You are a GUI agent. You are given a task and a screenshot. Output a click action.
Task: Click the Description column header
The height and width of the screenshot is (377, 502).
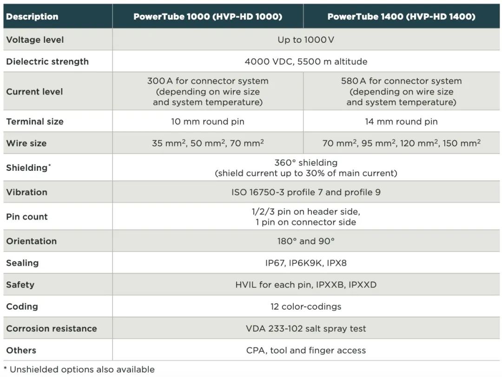pyautogui.click(x=32, y=17)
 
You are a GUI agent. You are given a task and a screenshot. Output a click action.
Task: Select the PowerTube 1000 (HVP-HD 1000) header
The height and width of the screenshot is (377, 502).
pyautogui.click(x=208, y=17)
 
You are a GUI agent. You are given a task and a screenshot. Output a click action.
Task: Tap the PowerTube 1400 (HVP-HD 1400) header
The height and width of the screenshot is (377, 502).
pyautogui.click(x=401, y=17)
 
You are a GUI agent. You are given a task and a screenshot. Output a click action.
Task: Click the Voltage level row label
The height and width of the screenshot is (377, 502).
pyautogui.click(x=35, y=39)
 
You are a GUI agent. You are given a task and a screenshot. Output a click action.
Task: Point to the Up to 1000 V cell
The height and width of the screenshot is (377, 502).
pyautogui.click(x=306, y=39)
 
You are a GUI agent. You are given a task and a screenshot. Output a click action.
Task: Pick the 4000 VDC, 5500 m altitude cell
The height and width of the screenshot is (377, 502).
pyautogui.click(x=306, y=61)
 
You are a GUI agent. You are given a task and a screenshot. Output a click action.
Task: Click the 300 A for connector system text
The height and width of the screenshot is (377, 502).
pyautogui.click(x=208, y=81)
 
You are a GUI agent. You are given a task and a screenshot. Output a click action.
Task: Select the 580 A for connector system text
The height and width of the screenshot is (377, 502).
pyautogui.click(x=401, y=81)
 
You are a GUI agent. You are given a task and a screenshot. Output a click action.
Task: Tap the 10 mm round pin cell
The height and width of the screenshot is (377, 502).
pyautogui.click(x=208, y=122)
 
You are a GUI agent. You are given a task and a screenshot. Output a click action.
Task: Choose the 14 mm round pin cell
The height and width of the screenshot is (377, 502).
pyautogui.click(x=401, y=122)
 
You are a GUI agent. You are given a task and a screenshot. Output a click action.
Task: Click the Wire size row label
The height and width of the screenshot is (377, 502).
pyautogui.click(x=26, y=143)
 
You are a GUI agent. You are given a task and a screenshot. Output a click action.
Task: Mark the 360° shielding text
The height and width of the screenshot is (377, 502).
pyautogui.click(x=306, y=163)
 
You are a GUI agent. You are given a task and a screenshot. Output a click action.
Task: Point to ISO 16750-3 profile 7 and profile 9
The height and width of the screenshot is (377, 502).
pyautogui.click(x=306, y=192)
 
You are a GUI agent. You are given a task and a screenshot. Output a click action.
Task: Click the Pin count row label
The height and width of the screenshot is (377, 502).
pyautogui.click(x=27, y=216)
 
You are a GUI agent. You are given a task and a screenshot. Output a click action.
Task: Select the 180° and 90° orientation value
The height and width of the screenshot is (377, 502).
pyautogui.click(x=306, y=241)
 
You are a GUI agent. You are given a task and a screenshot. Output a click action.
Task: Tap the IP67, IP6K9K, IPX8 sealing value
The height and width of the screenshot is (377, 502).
pyautogui.click(x=306, y=263)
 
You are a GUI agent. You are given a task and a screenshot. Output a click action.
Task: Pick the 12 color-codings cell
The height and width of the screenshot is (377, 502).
pyautogui.click(x=306, y=306)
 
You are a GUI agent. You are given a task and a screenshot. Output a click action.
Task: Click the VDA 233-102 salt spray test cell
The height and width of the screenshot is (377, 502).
pyautogui.click(x=306, y=328)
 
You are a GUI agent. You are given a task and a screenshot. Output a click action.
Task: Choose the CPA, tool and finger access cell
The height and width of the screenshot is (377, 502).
pyautogui.click(x=306, y=350)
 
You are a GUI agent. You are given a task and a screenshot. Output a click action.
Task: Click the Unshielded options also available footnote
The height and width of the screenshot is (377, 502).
pyautogui.click(x=79, y=370)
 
